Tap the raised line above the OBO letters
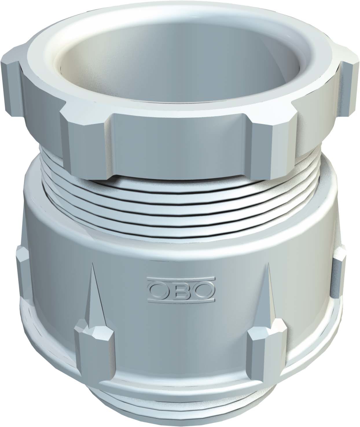(181, 279)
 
